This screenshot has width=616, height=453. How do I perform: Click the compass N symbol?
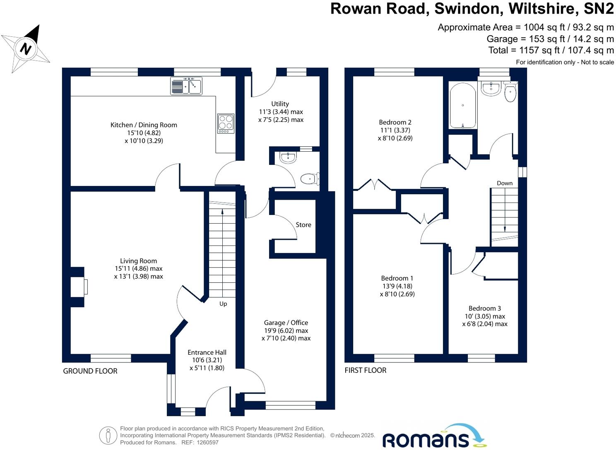[x=26, y=49]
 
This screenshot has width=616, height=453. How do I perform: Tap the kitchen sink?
[x=186, y=86]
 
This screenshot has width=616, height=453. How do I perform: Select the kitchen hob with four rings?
[x=226, y=123]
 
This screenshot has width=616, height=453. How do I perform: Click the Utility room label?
[x=280, y=104]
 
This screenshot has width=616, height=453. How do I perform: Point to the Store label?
[x=303, y=225]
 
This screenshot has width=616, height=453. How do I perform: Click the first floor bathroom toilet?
[x=510, y=93]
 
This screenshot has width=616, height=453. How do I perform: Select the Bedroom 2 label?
[x=395, y=122]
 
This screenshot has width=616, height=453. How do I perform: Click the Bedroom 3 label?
[x=484, y=308]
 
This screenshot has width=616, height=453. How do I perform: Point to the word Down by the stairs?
[x=505, y=183]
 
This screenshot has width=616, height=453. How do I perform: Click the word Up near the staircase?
[x=223, y=304]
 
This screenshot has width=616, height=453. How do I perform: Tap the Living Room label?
[x=138, y=261]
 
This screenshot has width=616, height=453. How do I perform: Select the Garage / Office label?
[x=286, y=323]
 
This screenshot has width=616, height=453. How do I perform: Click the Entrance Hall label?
[x=207, y=353]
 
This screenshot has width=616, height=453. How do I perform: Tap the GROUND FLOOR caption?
[x=90, y=371]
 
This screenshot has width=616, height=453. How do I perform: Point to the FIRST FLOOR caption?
[x=366, y=370]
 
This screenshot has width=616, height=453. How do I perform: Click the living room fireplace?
[x=78, y=287]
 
